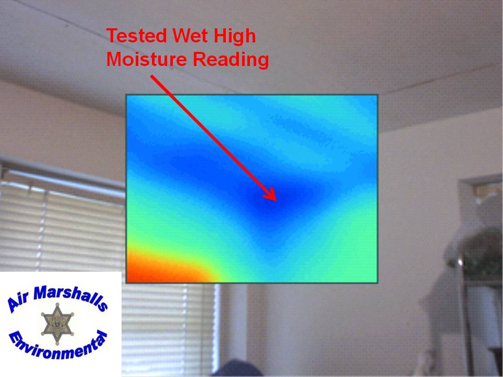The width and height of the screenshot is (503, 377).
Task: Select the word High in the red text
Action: [x=235, y=36]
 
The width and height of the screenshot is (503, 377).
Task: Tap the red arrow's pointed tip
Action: [x=276, y=201]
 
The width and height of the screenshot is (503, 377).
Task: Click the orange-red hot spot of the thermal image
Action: [x=154, y=269]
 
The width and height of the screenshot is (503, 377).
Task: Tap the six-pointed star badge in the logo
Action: [x=58, y=324]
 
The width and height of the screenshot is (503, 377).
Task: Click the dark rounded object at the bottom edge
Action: [x=237, y=369]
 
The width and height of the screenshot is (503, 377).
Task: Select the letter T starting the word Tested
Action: [x=113, y=36]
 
